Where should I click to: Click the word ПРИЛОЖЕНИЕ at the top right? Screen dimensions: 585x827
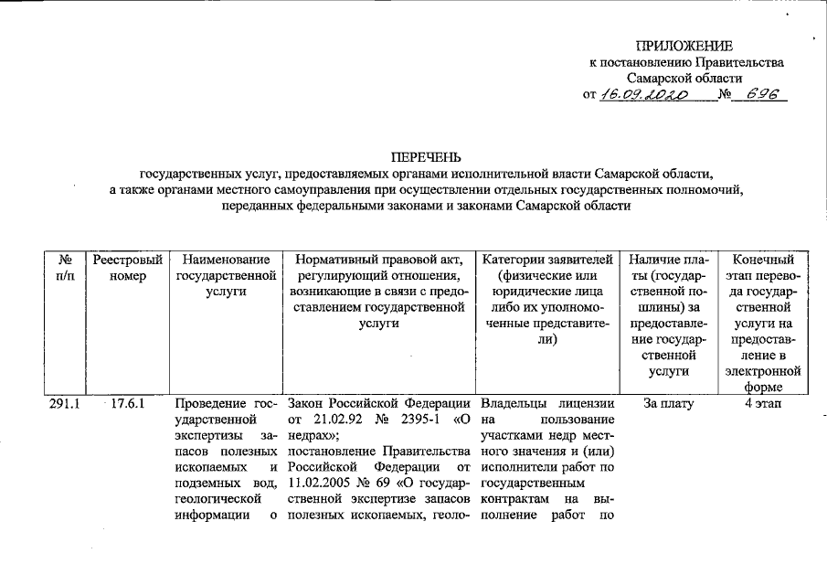tap(685, 46)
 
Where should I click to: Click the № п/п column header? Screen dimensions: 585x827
tap(65, 268)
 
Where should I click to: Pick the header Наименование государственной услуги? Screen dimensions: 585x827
tap(224, 276)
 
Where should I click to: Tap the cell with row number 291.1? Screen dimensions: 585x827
tap(65, 403)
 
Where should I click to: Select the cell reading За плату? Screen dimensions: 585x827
tap(668, 403)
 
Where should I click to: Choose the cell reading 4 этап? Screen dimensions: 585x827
tap(763, 403)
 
